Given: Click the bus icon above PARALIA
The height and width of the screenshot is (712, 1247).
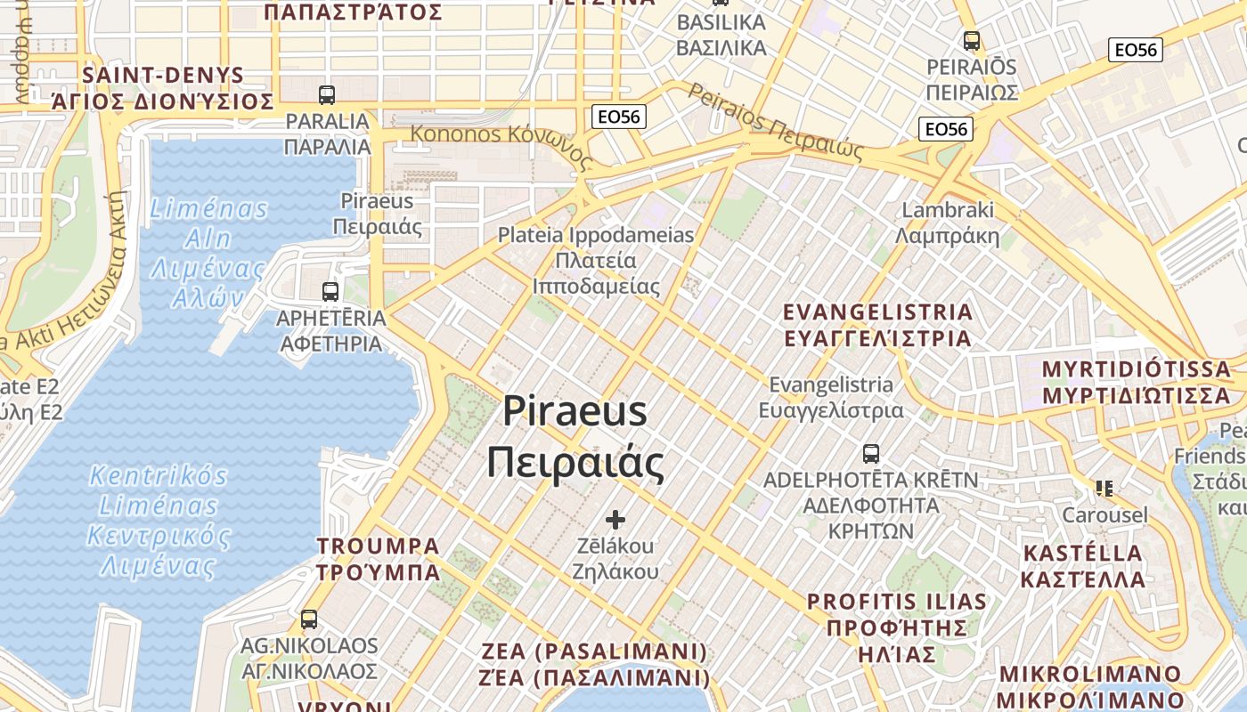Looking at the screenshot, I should (327, 94).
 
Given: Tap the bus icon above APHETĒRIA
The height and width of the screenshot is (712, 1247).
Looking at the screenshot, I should (330, 290).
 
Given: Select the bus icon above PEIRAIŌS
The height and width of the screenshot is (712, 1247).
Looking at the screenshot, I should (972, 40).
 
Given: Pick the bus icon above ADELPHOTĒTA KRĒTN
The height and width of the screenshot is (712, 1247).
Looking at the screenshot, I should (871, 453).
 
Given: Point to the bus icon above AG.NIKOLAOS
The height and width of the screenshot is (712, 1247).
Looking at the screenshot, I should (309, 619).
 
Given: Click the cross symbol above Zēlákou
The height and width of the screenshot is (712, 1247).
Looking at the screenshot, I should (615, 520).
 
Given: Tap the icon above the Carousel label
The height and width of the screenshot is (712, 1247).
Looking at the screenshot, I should (1104, 488).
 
